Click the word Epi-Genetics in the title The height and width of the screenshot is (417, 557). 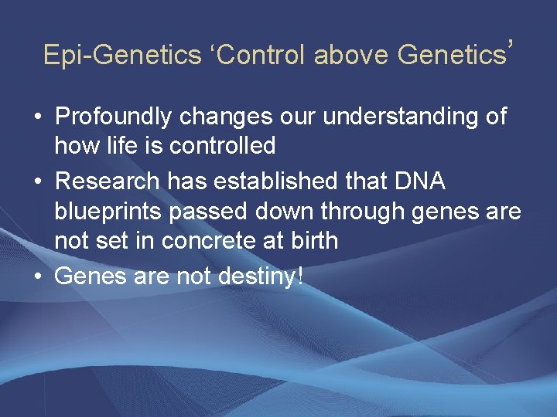click(x=122, y=56)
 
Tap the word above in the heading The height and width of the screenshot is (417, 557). click(x=350, y=55)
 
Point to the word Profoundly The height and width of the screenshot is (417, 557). click(x=113, y=117)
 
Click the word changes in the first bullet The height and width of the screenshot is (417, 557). click(x=226, y=117)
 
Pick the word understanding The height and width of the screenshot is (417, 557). click(x=400, y=117)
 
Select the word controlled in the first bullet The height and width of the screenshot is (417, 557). click(x=222, y=144)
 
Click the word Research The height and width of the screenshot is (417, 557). click(x=108, y=181)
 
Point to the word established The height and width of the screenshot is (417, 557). click(x=275, y=181)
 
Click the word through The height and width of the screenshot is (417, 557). click(x=362, y=212)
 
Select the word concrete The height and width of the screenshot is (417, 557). click(x=209, y=241)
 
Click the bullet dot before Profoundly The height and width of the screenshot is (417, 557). click(x=38, y=117)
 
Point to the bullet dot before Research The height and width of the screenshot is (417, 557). click(x=38, y=181)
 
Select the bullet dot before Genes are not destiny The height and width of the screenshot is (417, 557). click(x=38, y=276)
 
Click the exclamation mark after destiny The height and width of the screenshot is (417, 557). click(x=300, y=276)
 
